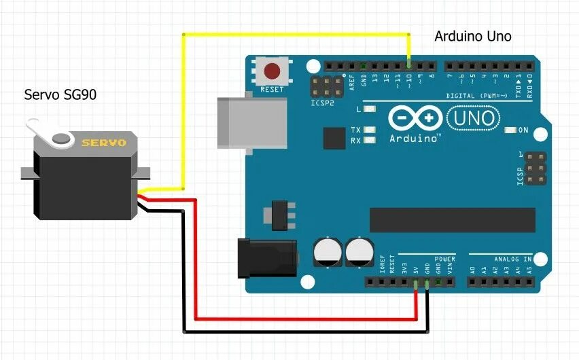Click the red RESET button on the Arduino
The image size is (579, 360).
click(x=273, y=70)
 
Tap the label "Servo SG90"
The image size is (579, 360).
click(x=60, y=94)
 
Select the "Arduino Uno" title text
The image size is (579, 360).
click(x=473, y=36)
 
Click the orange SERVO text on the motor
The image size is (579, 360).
click(x=103, y=143)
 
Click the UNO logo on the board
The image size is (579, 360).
click(x=477, y=120)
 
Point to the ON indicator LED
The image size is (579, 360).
click(x=511, y=130)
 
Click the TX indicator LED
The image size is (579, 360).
click(x=370, y=130)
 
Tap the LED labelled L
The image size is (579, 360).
click(x=370, y=109)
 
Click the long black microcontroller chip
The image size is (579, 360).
click(x=452, y=219)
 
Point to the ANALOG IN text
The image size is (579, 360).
click(x=513, y=259)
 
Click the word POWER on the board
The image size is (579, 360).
click(x=445, y=259)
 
